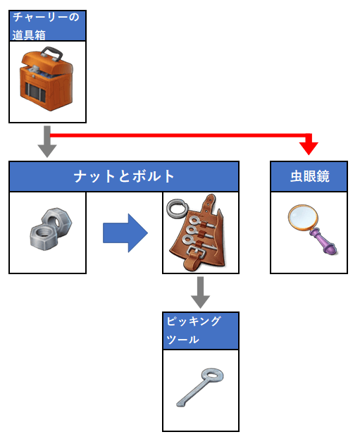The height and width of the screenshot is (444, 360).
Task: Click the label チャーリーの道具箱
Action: (46, 26)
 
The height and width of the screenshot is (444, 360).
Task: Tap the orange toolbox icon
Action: (46, 79)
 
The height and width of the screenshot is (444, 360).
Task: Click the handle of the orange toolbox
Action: (52, 54)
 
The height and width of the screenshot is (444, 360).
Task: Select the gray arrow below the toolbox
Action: (47, 142)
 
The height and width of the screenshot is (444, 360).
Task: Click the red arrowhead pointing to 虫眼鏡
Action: (309, 148)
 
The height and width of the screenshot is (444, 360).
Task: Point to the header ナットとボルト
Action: (124, 176)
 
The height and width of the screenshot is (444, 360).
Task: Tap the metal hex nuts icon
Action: (51, 229)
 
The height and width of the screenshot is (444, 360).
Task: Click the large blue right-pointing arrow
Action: (125, 233)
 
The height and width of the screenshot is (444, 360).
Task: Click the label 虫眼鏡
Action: (310, 176)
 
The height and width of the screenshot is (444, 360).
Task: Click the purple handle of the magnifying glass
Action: (323, 242)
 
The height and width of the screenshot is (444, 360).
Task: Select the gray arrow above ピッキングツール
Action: (200, 292)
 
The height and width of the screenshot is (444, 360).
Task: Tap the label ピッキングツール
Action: (194, 331)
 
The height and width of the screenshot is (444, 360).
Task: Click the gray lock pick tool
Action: (200, 388)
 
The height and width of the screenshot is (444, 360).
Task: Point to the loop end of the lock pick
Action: (212, 376)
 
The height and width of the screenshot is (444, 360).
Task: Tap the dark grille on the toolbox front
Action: (35, 92)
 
